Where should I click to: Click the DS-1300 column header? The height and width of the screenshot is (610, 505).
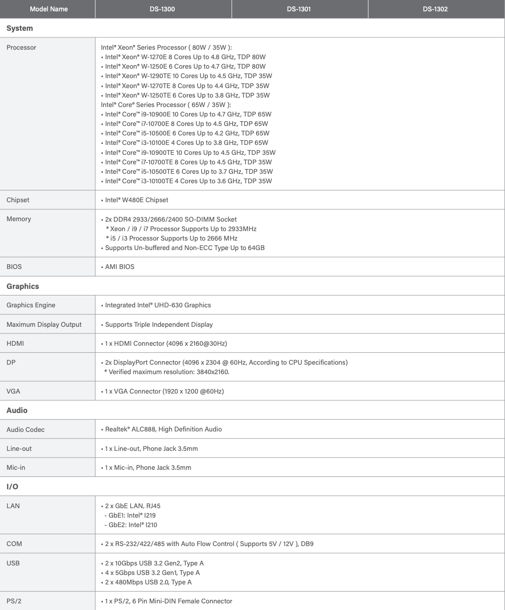point(162,9)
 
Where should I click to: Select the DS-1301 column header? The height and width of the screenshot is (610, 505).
point(299,9)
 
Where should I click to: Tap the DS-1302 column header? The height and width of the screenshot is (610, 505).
point(435,9)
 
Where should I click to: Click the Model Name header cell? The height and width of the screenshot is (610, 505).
point(48,9)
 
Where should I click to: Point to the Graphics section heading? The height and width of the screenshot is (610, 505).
point(23,286)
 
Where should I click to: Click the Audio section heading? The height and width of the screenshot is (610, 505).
point(17,410)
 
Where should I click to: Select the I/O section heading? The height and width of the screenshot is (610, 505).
point(12,486)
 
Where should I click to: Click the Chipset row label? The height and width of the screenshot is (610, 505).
point(18,200)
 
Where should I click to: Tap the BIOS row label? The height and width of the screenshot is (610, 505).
point(14,267)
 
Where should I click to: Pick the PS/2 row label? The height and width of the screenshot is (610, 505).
point(14,601)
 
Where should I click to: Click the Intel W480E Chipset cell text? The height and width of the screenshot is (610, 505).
point(136,200)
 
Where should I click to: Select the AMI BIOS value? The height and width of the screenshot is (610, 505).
point(119,267)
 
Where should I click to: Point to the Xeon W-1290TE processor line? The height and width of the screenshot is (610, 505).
point(188,76)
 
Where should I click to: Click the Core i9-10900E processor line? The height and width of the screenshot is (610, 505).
point(188,114)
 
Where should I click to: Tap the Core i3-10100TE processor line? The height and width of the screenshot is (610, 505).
point(188,181)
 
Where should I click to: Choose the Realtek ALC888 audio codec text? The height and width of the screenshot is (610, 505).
point(163,429)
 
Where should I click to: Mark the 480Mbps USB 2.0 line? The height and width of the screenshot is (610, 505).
point(148,582)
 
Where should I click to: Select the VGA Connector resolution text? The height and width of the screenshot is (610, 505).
point(164,391)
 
